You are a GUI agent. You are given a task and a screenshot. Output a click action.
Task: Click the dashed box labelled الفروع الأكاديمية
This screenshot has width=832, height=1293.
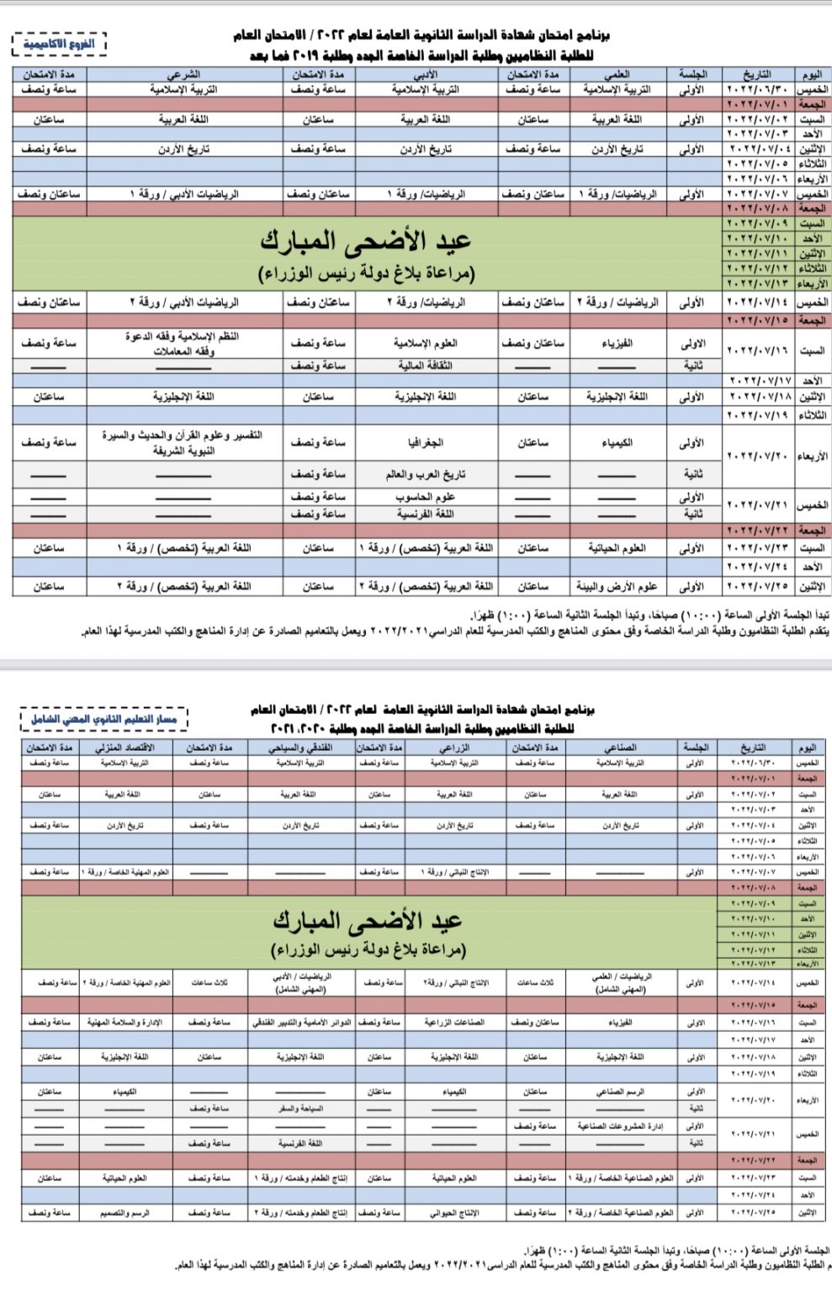[60, 43]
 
